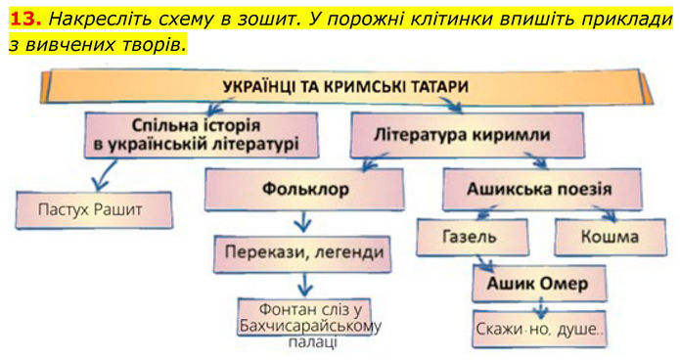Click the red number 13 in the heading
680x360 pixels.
click(25, 19)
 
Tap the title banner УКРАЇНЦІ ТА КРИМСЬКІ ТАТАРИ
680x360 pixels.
click(346, 87)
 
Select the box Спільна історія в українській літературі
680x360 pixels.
click(202, 135)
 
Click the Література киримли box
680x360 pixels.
click(467, 135)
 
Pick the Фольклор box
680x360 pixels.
click(304, 189)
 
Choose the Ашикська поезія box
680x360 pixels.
click(542, 189)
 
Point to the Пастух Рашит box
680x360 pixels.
click(94, 210)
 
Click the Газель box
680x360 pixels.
click(473, 237)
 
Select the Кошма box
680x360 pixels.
click(611, 237)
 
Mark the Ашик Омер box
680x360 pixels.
click(539, 284)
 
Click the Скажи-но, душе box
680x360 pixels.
click(539, 329)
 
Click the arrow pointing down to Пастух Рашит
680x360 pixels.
click(106, 176)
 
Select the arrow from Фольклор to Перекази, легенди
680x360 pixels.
click(303, 221)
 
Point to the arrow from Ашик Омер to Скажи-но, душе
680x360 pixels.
click(540, 308)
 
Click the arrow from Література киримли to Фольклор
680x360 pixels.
click(375, 161)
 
